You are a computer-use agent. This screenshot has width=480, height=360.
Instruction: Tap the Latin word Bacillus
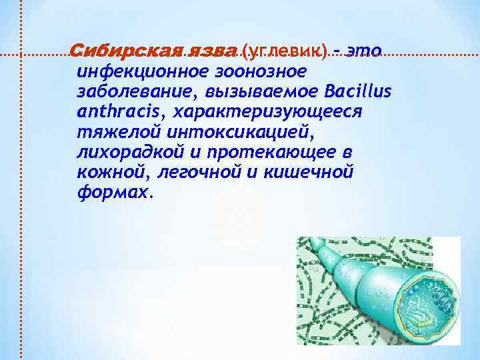point(361,90)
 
